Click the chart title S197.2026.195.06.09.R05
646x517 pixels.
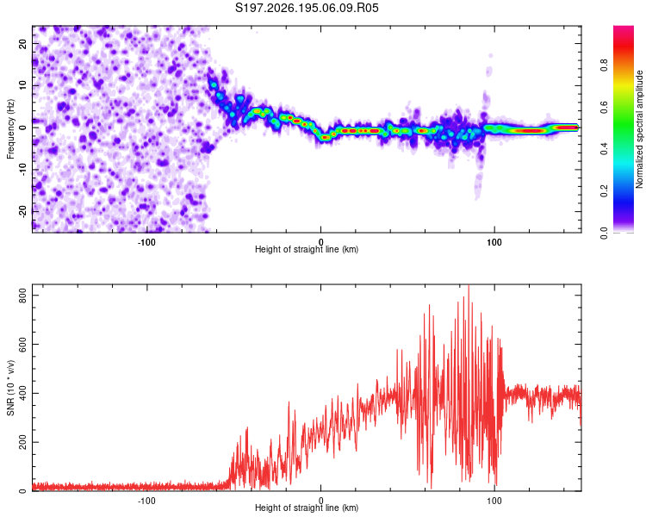(307, 8)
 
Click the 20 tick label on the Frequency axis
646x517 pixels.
(22, 43)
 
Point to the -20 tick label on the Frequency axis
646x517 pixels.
(22, 211)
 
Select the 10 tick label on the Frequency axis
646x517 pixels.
(22, 85)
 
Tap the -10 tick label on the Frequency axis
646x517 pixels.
(22, 170)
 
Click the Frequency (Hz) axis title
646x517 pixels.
(10, 129)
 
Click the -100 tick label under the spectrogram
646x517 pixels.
(146, 242)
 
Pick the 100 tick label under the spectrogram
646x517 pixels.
(494, 242)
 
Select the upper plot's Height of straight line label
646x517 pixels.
(307, 249)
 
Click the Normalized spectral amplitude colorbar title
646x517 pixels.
(639, 129)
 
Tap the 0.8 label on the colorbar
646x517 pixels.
(604, 65)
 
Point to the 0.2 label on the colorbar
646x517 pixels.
(604, 191)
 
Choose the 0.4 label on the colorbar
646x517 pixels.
(604, 149)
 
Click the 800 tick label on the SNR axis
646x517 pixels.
(22, 296)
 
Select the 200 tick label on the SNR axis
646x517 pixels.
(22, 442)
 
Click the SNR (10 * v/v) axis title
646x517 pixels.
(10, 388)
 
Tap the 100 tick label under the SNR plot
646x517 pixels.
(494, 501)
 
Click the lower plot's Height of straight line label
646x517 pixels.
(307, 508)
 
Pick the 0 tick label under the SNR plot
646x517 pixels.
(320, 501)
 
